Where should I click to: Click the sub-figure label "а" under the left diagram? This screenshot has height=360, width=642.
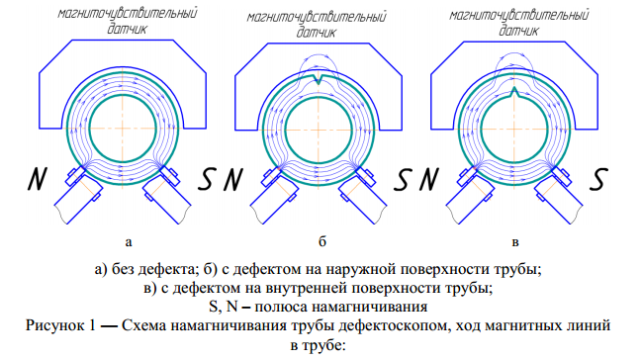pos(127,241)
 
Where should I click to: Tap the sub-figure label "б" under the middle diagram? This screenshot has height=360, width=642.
pos(322,241)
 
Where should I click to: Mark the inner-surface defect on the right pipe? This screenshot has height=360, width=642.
pos(513,94)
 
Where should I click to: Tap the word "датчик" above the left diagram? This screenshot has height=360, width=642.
pos(125,31)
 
